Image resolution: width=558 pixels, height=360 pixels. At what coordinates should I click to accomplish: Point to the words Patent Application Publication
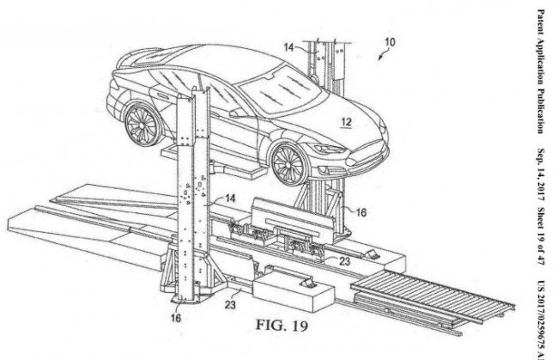(542, 68)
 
